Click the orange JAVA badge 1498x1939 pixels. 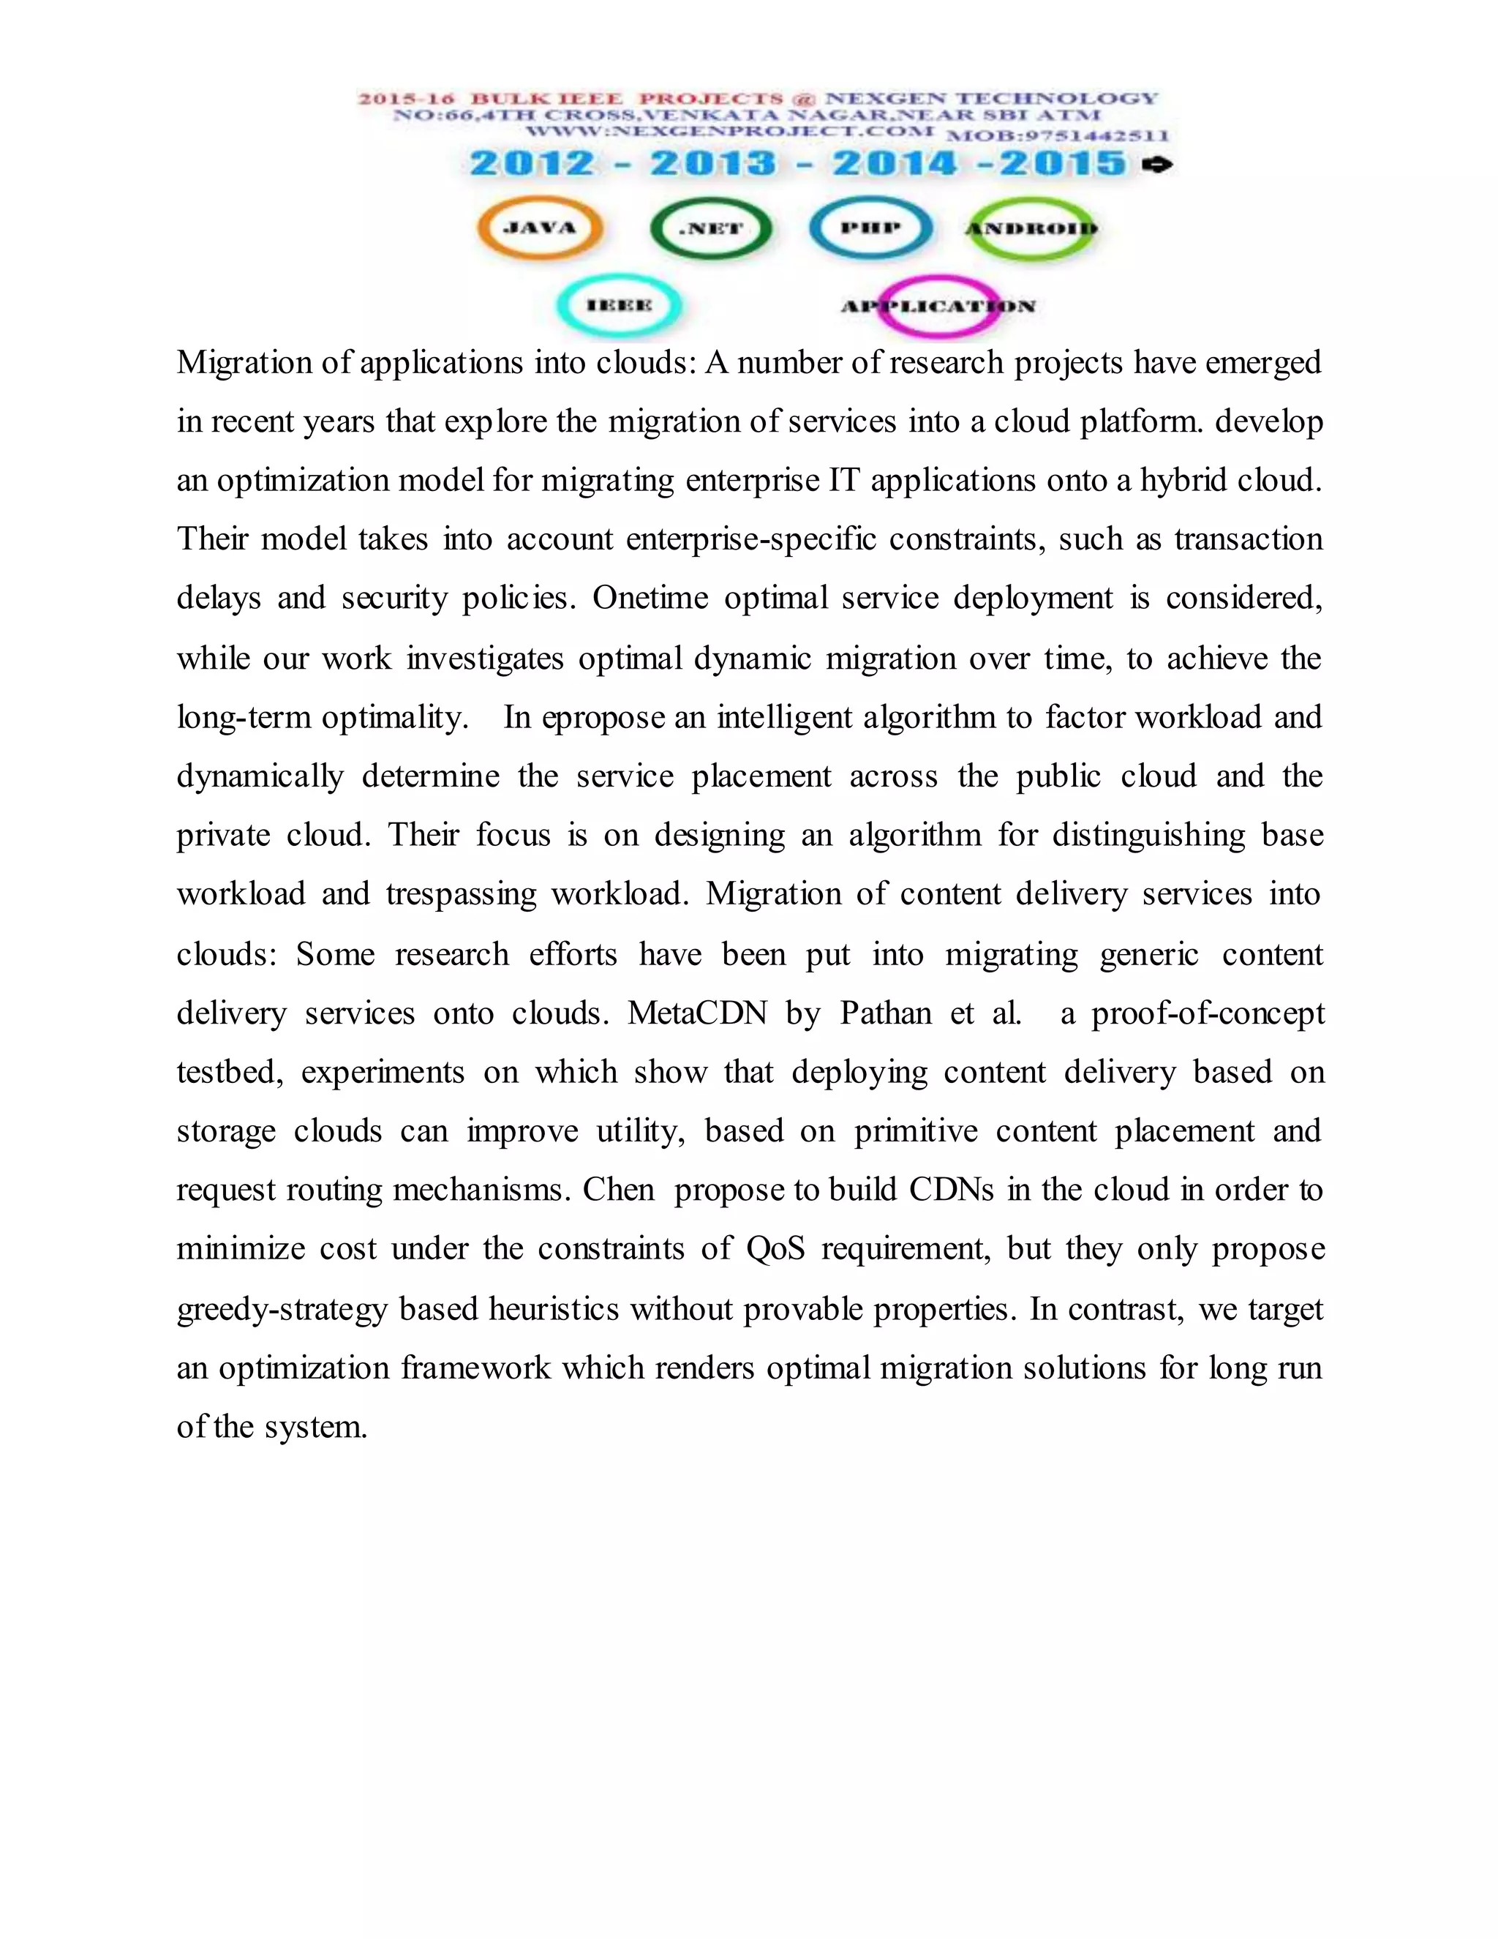[x=540, y=228]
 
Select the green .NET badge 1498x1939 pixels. [x=711, y=228]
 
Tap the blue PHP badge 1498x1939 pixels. [x=870, y=228]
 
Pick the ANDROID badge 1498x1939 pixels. [x=1031, y=228]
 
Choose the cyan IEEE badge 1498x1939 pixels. [x=619, y=305]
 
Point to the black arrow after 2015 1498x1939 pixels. [x=1159, y=164]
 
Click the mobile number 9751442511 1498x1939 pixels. [x=1057, y=136]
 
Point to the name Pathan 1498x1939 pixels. [x=886, y=1013]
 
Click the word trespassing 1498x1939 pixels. [x=461, y=894]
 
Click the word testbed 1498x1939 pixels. [x=229, y=1073]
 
